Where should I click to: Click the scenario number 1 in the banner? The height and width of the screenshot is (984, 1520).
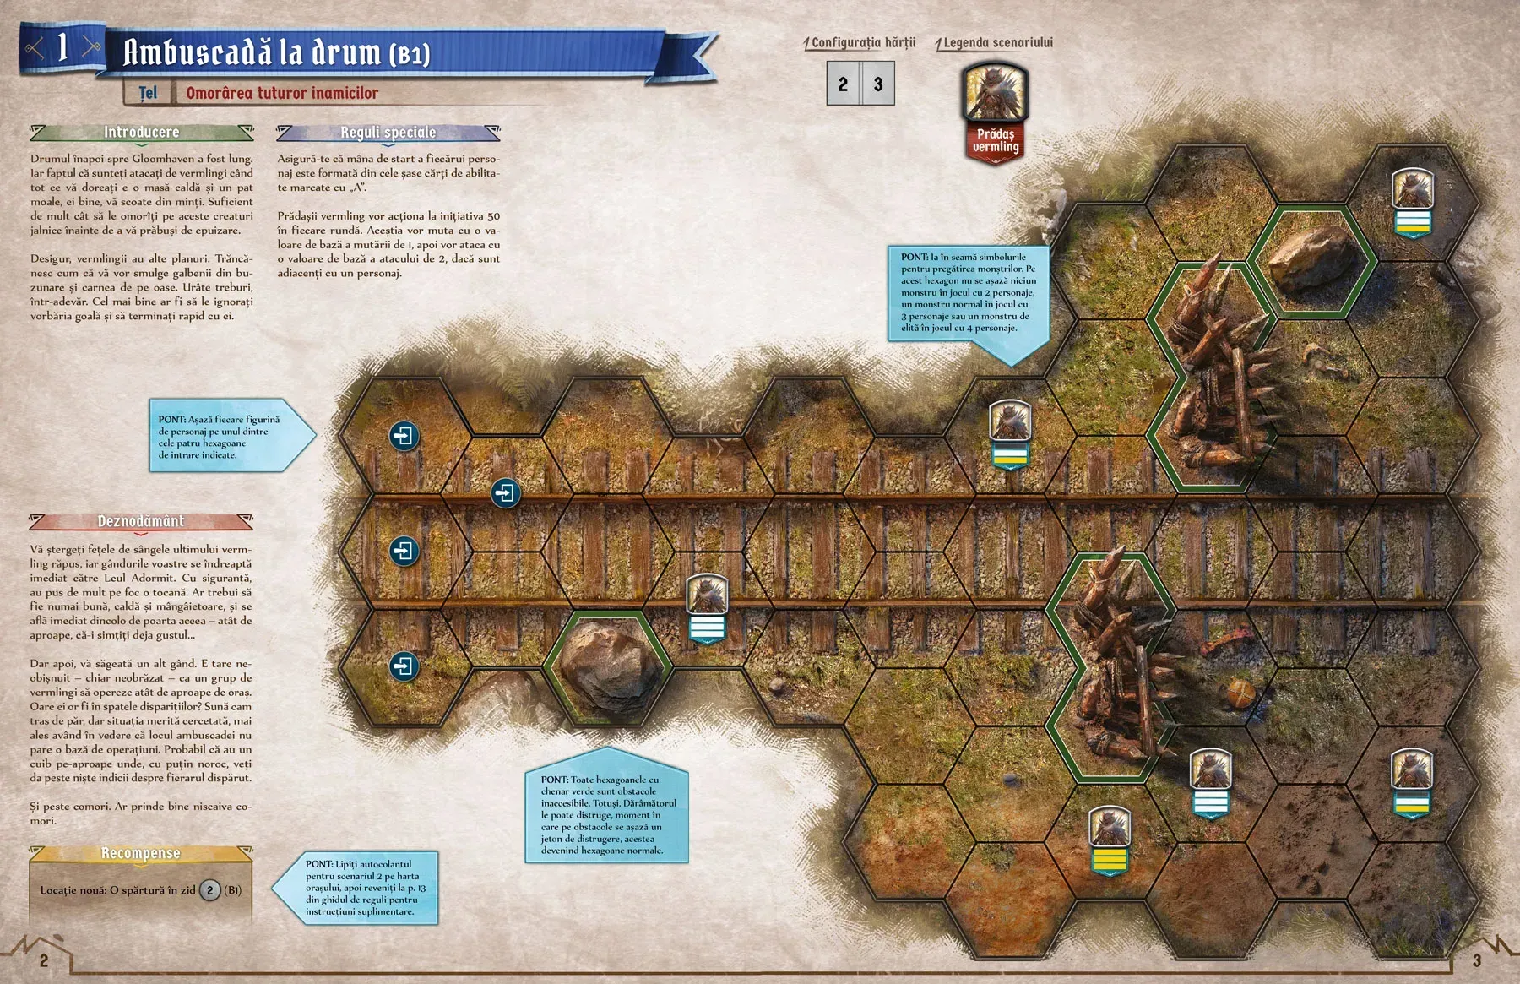pos(62,47)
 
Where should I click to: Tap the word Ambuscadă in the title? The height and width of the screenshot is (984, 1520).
pos(198,52)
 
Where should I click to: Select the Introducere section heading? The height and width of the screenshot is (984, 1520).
pos(141,132)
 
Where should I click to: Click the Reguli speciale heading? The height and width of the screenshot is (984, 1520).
pos(388,133)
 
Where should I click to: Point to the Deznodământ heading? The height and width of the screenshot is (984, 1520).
pos(140,521)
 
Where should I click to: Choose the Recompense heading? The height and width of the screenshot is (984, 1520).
pos(140,853)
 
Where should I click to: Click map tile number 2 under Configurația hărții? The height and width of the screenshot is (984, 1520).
pos(843,84)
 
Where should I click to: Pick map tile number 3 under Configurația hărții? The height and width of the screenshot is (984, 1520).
pos(878,84)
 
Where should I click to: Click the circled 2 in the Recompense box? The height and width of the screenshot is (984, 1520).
pos(210,889)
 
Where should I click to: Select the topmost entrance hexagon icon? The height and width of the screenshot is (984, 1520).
pos(404,436)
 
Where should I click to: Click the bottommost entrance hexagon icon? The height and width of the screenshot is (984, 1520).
pos(404,666)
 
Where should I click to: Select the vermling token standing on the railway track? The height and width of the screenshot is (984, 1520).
pos(707,595)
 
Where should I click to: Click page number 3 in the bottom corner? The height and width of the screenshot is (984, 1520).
pos(1476,960)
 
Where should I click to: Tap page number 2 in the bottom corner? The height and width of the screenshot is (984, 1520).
pos(44,960)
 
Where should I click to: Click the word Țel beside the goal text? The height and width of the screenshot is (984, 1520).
pos(148,93)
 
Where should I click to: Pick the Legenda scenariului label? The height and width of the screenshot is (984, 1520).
pos(997,42)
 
